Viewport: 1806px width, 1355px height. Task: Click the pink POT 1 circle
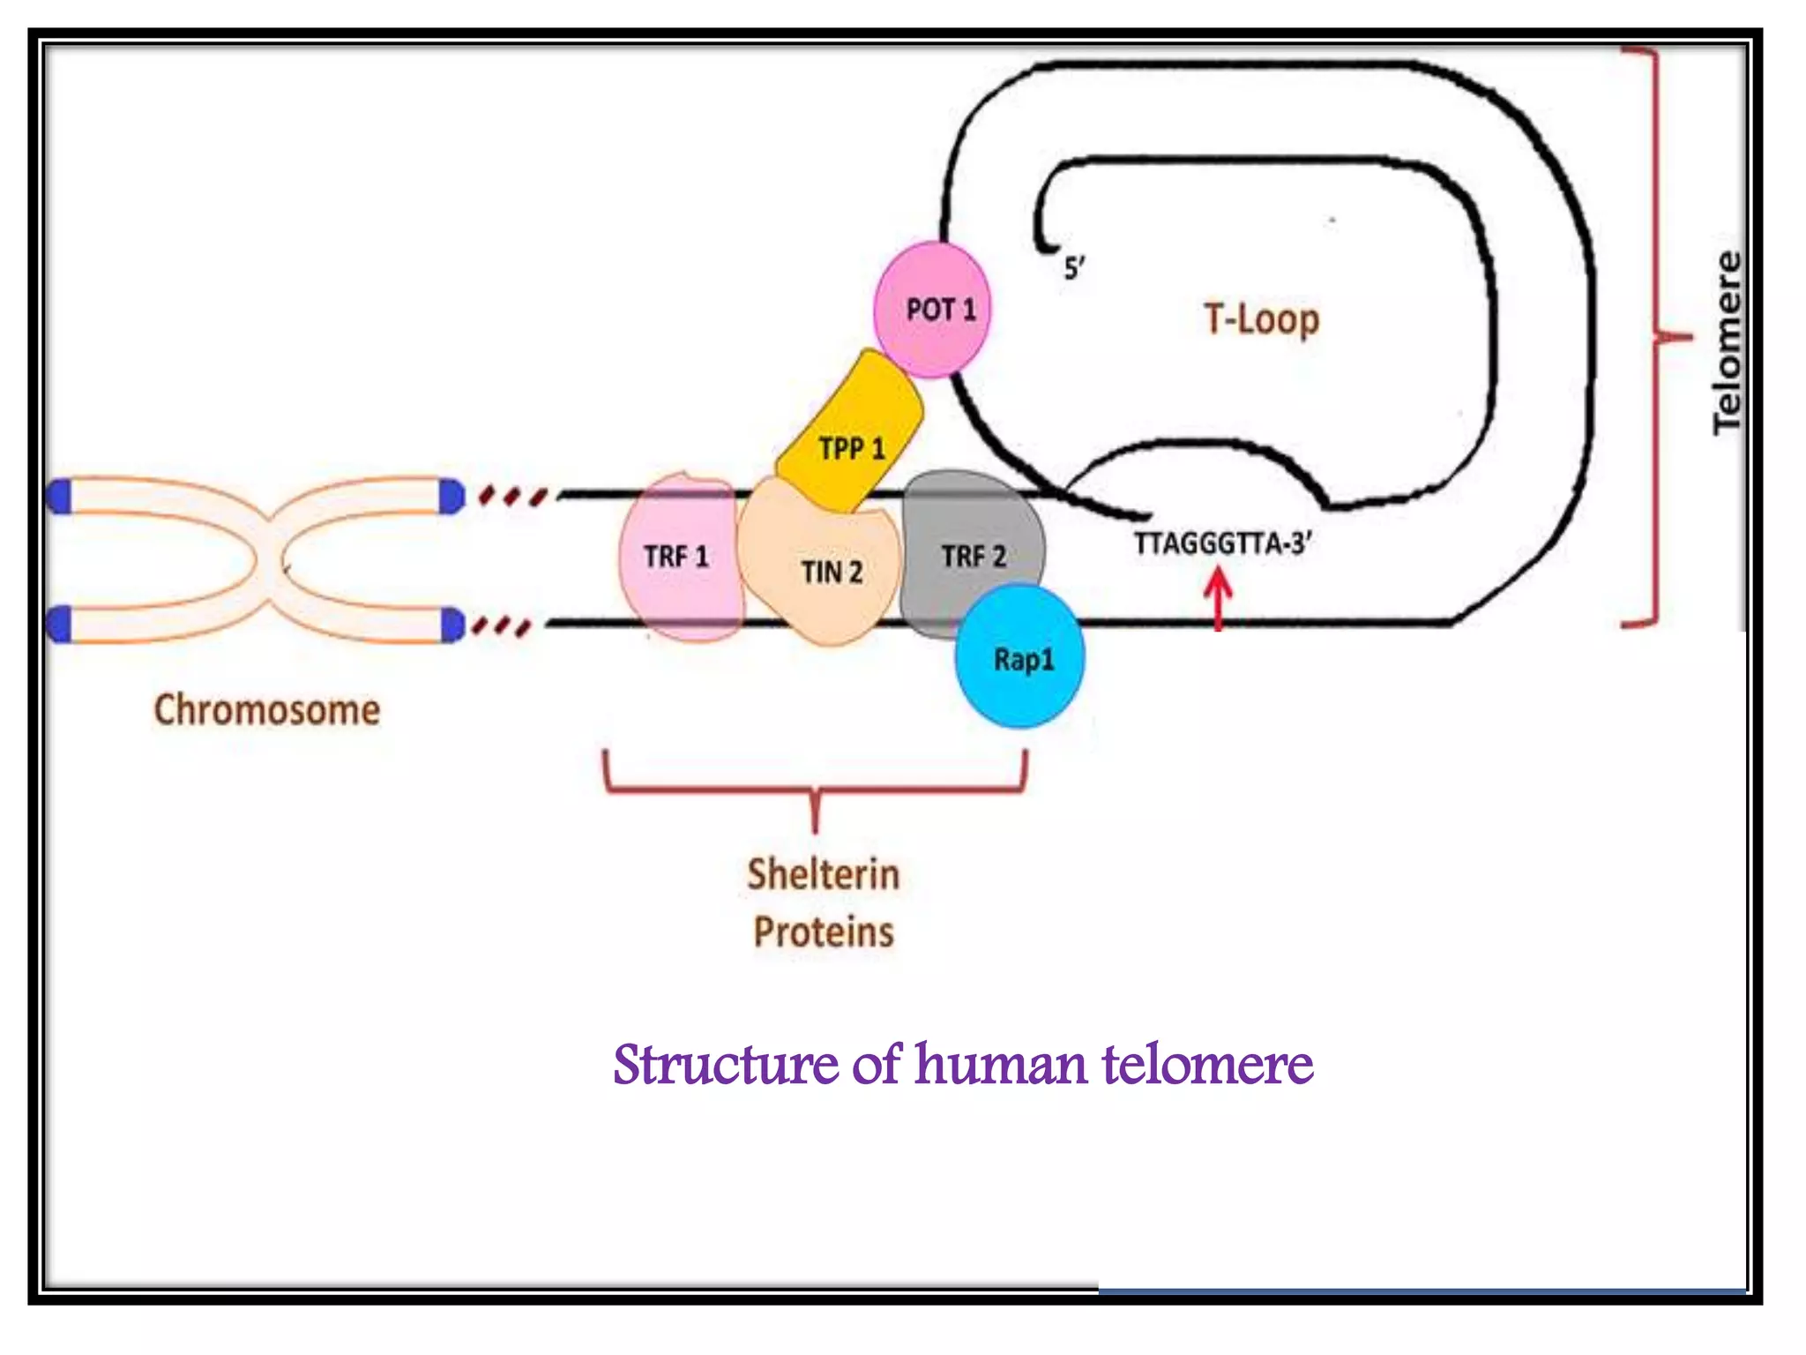pyautogui.click(x=932, y=310)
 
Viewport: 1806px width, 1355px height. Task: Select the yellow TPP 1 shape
pyautogui.click(x=851, y=432)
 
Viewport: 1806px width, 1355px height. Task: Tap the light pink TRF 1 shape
pyautogui.click(x=676, y=558)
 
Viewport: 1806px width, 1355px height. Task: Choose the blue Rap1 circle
pyautogui.click(x=1020, y=657)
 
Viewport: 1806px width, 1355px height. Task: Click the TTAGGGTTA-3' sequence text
pyautogui.click(x=1222, y=543)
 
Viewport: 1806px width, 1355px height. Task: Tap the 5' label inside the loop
pyautogui.click(x=1073, y=267)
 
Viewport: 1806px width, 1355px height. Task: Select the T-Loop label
pyautogui.click(x=1261, y=318)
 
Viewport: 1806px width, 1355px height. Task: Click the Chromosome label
pyautogui.click(x=267, y=710)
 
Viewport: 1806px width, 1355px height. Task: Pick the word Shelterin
pyautogui.click(x=823, y=874)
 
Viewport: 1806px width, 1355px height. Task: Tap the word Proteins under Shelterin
pyautogui.click(x=823, y=932)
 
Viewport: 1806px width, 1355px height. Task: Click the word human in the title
pyautogui.click(x=1001, y=1065)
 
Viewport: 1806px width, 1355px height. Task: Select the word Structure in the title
pyautogui.click(x=725, y=1065)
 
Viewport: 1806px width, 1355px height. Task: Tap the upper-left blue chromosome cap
pyautogui.click(x=59, y=497)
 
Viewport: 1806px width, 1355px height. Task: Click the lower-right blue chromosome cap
pyautogui.click(x=451, y=625)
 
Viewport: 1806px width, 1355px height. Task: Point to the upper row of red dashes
pyautogui.click(x=512, y=497)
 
